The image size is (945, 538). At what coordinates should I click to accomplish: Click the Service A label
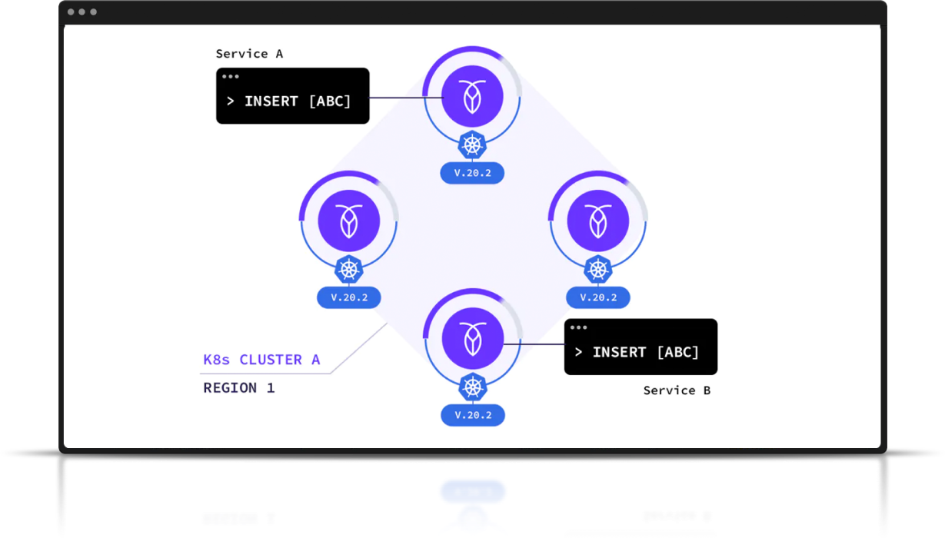tap(249, 54)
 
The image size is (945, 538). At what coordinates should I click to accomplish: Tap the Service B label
tap(677, 390)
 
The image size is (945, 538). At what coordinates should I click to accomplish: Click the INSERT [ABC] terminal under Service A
tap(292, 96)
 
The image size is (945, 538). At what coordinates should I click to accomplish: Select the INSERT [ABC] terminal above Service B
tap(641, 347)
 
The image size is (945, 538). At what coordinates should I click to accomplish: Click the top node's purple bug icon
tap(472, 98)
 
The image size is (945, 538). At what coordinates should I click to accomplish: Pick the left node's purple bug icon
tap(348, 221)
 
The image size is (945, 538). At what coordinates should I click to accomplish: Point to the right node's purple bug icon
tap(597, 221)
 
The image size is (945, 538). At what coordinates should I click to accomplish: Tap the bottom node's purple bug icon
tap(472, 339)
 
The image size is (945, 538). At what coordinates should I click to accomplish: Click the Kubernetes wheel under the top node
tap(472, 144)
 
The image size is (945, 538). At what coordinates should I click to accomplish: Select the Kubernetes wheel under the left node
tap(348, 268)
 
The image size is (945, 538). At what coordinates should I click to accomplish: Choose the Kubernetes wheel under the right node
tap(597, 268)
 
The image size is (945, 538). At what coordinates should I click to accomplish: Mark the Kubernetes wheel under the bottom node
tap(472, 387)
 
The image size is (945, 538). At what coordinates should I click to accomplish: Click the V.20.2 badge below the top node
tap(472, 173)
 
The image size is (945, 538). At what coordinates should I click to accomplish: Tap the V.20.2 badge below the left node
tap(348, 297)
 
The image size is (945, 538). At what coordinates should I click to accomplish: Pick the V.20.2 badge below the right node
tap(597, 297)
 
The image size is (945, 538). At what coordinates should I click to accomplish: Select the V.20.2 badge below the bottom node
tap(472, 415)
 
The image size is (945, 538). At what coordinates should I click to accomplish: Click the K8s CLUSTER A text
tap(261, 360)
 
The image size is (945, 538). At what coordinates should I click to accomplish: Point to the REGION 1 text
tap(238, 388)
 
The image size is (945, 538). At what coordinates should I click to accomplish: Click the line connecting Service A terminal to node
tap(405, 98)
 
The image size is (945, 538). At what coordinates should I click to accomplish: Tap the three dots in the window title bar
tap(82, 12)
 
